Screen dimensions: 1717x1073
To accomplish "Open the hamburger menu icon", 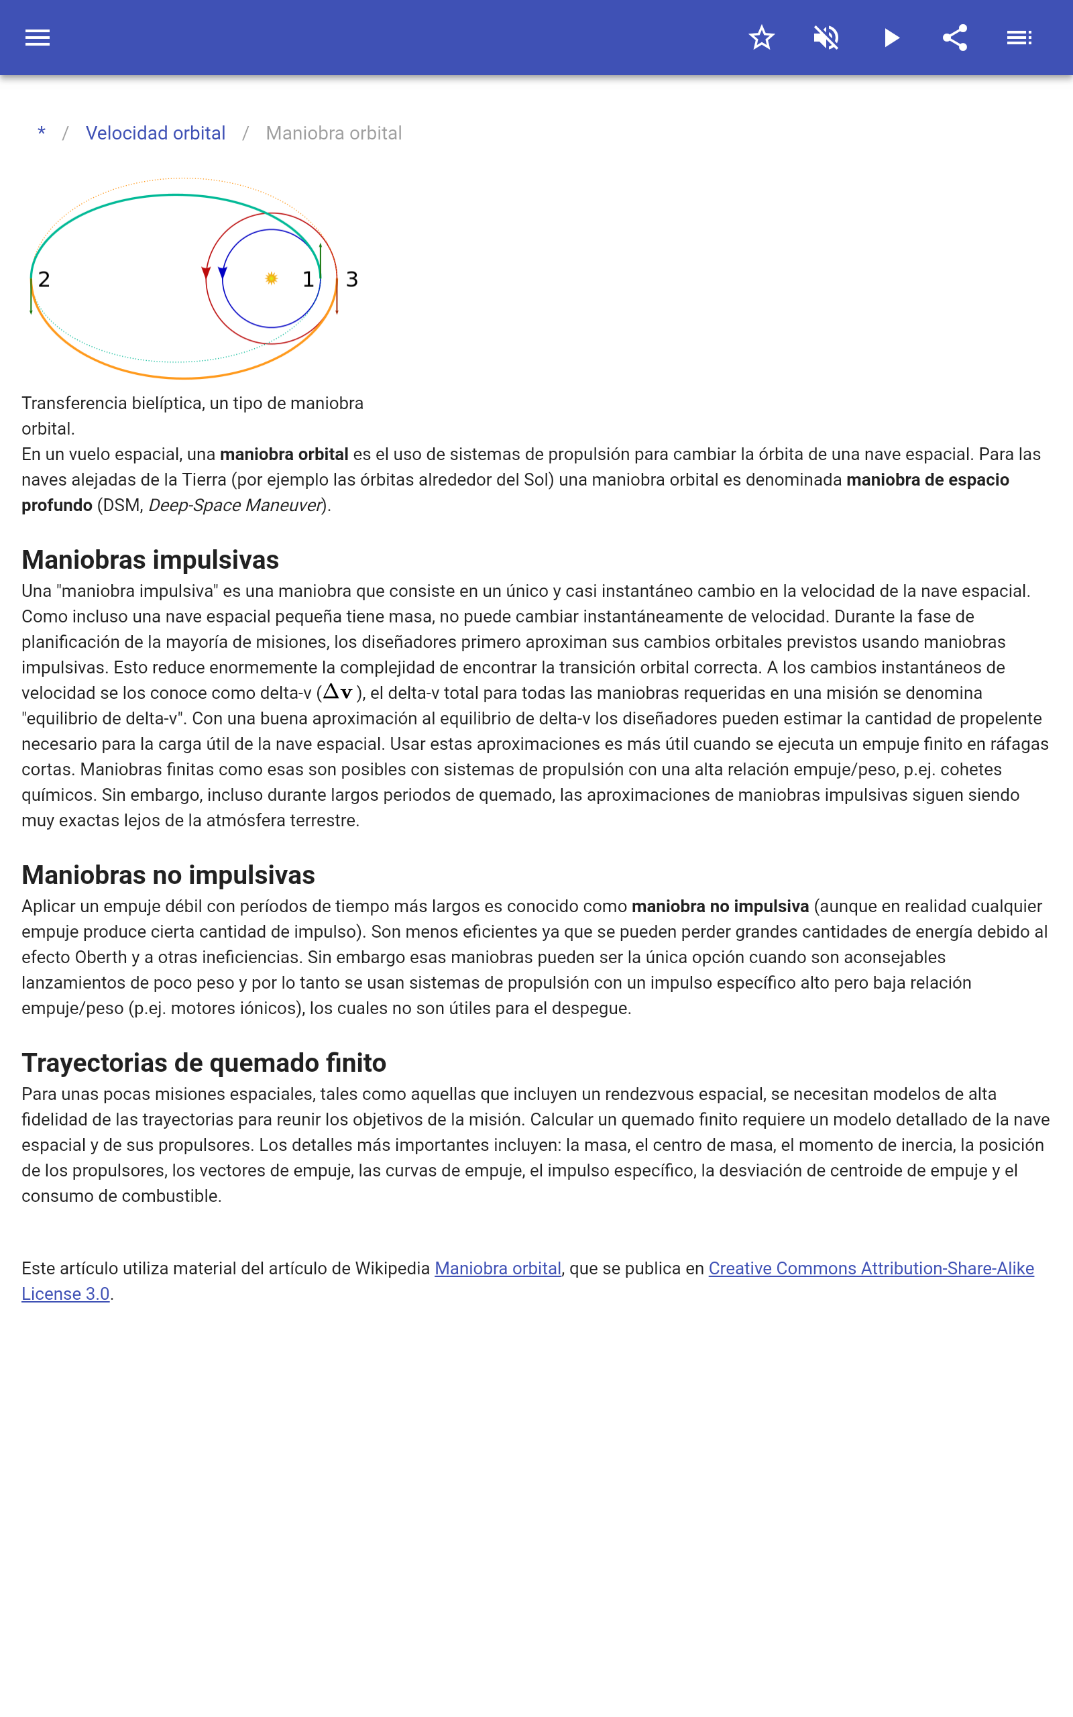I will point(38,38).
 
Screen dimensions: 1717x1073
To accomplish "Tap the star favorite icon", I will point(761,38).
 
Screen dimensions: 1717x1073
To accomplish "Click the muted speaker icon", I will point(826,38).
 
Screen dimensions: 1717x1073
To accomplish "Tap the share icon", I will point(955,38).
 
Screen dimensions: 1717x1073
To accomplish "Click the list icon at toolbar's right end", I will point(1019,38).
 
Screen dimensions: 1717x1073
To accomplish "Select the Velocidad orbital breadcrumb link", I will point(156,133).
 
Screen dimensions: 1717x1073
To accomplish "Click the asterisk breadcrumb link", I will point(42,133).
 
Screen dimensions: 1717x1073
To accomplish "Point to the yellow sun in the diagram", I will point(271,279).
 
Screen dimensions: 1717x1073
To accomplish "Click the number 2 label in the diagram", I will point(44,280).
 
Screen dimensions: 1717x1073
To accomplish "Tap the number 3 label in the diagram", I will point(352,280).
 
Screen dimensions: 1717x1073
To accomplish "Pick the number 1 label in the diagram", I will point(308,280).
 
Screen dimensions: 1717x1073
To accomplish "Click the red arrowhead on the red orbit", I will point(206,272).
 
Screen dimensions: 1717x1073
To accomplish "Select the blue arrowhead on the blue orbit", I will point(222,272).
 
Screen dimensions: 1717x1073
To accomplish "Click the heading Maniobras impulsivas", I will point(150,560).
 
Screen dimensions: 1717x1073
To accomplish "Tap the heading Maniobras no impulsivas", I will point(168,875).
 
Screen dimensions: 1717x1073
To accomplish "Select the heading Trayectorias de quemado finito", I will point(204,1063).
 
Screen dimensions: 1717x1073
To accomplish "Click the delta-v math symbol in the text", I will point(339,691).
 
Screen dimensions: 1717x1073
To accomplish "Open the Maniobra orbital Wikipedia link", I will point(498,1268).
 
